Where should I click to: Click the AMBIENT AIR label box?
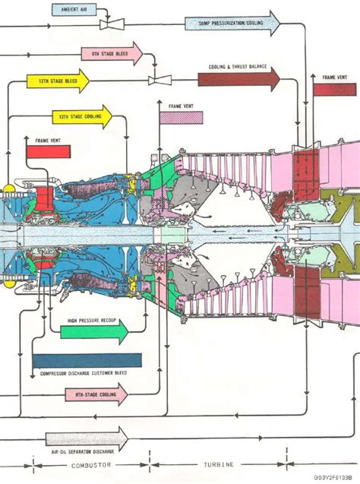[74, 10]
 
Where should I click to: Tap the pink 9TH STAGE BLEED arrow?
[111, 53]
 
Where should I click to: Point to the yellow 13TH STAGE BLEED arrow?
[58, 81]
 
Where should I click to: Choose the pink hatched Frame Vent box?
[181, 118]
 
